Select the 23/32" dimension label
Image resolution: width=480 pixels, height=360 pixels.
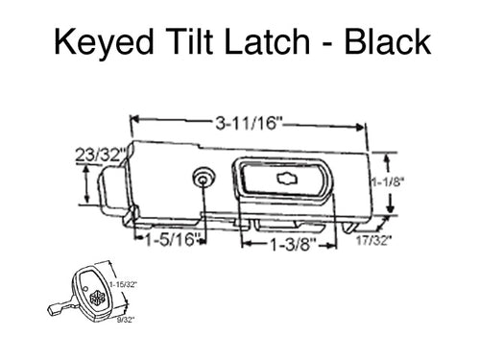pyautogui.click(x=96, y=151)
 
